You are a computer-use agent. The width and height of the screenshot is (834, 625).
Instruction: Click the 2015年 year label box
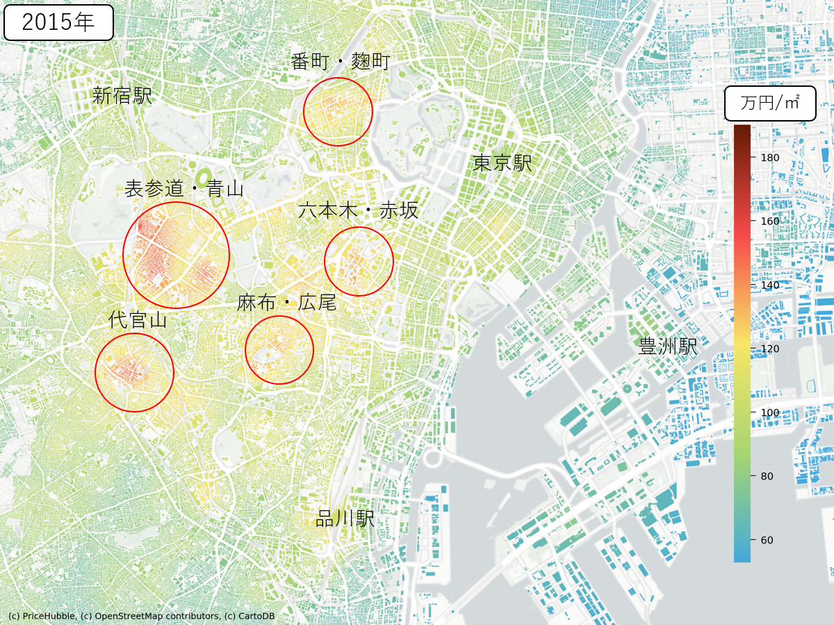point(58,22)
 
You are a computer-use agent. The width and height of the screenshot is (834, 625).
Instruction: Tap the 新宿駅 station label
point(122,96)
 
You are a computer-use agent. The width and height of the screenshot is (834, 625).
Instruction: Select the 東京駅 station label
point(502,163)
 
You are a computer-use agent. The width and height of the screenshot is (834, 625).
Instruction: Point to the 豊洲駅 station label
point(668,347)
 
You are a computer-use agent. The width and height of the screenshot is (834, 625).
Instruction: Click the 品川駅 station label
point(345,519)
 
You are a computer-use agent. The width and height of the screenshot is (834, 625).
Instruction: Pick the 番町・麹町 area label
point(341,62)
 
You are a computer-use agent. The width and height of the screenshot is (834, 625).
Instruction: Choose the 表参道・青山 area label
point(184,188)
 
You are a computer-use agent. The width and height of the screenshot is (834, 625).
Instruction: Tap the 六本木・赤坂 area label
point(359,210)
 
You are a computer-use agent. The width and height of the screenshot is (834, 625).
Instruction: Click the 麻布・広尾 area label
point(286,303)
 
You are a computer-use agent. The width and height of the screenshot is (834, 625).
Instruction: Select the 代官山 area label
point(138,320)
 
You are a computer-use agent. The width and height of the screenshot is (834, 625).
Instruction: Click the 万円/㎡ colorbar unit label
point(769,103)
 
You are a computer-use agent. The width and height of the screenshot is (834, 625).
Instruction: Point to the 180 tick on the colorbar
point(770,158)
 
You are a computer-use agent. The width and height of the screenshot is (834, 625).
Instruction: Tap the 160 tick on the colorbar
point(770,221)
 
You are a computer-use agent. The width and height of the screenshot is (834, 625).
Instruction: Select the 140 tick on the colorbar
point(770,285)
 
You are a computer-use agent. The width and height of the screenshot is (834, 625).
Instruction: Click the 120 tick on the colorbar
point(770,349)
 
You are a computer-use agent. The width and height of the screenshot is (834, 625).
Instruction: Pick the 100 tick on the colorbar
point(770,412)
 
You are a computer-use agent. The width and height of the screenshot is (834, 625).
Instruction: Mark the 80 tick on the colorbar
point(767,476)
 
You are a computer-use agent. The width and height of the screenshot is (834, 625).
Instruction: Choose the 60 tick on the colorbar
point(767,540)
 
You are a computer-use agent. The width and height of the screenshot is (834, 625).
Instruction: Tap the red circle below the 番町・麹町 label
point(338,112)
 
